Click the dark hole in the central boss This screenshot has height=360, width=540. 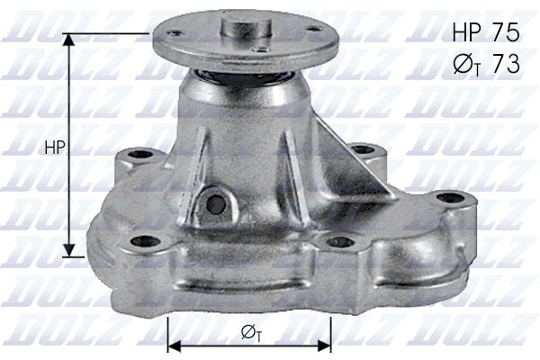click(215, 202)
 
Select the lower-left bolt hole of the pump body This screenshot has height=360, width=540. click(141, 240)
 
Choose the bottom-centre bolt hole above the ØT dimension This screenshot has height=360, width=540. click(340, 241)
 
